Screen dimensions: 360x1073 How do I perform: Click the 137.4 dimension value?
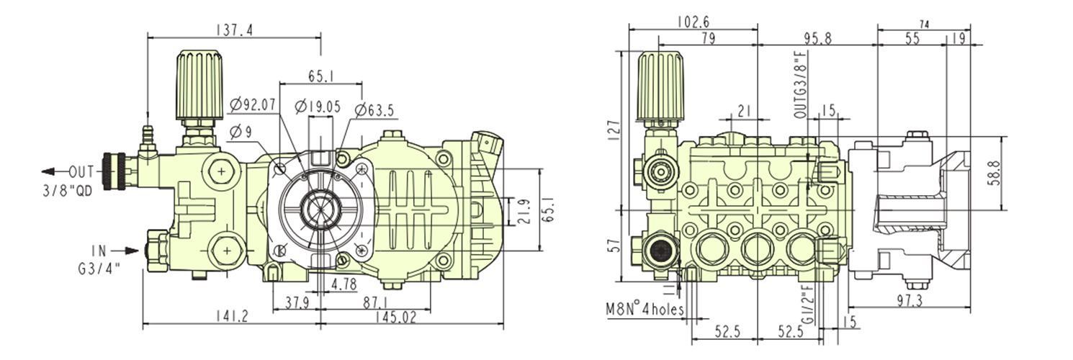234,30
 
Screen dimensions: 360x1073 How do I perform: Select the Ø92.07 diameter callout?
253,105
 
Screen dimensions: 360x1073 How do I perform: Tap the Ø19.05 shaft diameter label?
318,106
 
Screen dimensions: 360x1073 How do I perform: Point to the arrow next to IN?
126,251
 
